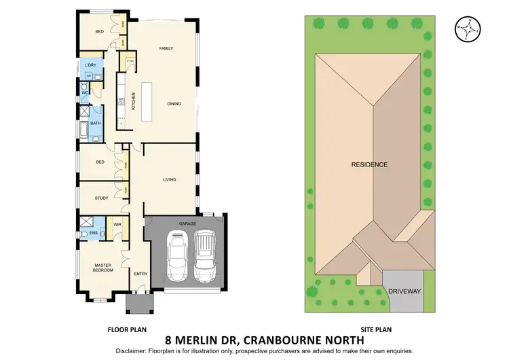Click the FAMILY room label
click(166, 49)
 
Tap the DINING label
click(176, 104)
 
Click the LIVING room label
click(169, 179)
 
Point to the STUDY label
click(102, 198)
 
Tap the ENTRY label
click(140, 274)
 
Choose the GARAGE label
click(187, 223)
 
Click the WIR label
click(117, 223)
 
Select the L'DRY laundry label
click(90, 65)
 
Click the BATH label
click(96, 124)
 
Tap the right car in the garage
click(205, 255)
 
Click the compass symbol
click(466, 29)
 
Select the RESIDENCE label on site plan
click(369, 164)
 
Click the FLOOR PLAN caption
click(128, 327)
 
